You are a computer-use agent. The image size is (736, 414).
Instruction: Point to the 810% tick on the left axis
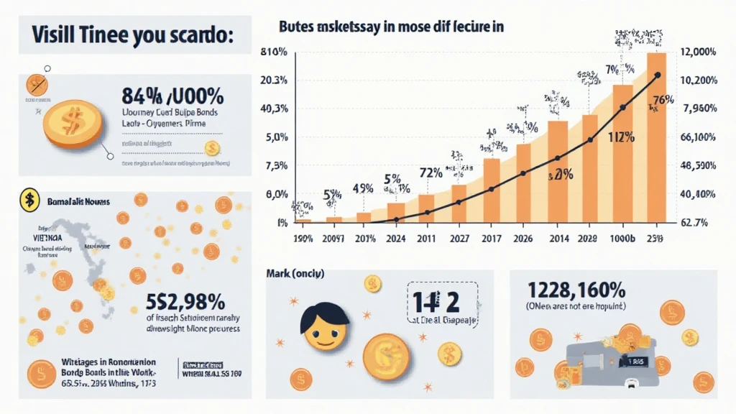click(x=275, y=52)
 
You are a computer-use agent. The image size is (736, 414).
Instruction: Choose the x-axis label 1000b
click(x=623, y=238)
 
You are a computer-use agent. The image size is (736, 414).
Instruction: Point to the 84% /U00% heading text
click(x=172, y=96)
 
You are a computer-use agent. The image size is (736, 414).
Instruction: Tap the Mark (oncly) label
click(x=295, y=273)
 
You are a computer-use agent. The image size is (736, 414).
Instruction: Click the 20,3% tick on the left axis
click(x=274, y=80)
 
